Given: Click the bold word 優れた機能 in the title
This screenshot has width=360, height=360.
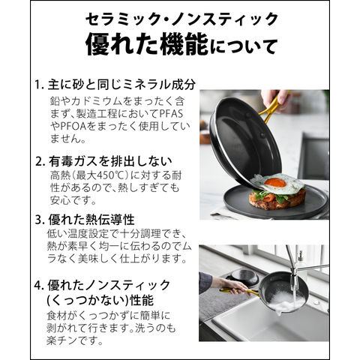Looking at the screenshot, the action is tap(147, 46).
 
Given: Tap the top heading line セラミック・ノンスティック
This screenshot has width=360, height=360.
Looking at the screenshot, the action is tap(181, 19).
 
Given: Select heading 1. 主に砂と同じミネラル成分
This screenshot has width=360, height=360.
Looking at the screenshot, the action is tap(115, 85).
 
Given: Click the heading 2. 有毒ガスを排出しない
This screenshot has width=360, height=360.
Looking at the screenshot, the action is tap(103, 162).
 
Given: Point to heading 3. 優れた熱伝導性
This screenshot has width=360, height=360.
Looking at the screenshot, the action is tap(85, 220).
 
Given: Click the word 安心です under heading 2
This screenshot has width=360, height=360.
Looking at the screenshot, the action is tap(73, 200).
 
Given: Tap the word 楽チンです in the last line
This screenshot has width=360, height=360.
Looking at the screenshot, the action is tap(74, 340).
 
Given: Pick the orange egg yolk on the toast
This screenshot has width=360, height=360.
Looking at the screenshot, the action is tap(275, 182).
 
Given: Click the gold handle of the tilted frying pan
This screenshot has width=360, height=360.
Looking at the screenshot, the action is tap(271, 106).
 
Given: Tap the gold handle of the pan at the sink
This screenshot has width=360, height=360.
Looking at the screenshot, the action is tap(238, 291).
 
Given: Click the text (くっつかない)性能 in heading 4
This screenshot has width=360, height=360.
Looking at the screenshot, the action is tap(100, 300).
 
